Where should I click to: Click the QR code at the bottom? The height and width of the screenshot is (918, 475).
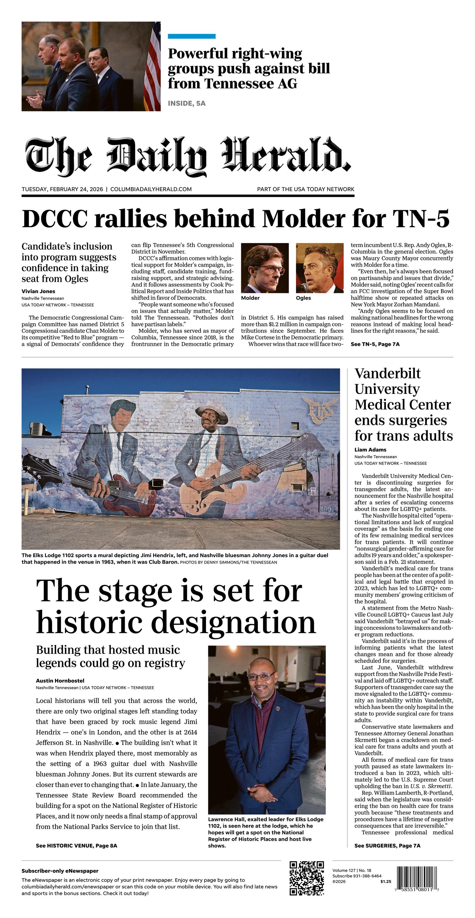click(x=307, y=879)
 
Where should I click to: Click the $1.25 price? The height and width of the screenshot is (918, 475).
click(x=386, y=882)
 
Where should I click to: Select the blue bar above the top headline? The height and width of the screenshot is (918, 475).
click(x=191, y=36)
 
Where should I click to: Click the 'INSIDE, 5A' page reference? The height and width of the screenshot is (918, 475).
click(x=187, y=103)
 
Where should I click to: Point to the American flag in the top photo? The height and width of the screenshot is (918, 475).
click(x=152, y=68)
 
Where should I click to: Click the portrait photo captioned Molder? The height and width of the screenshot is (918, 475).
click(x=265, y=268)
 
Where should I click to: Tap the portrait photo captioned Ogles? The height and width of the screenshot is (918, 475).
click(x=320, y=268)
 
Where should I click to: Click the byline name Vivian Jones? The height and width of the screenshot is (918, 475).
click(x=39, y=291)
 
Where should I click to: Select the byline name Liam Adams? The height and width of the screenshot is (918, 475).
click(x=370, y=450)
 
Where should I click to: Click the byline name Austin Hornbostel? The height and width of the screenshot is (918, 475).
click(x=60, y=681)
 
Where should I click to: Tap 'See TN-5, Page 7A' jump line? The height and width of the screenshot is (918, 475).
click(x=375, y=344)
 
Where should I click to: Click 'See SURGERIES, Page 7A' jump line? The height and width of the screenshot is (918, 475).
click(x=387, y=846)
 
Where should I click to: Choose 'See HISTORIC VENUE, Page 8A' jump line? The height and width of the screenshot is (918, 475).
click(x=76, y=846)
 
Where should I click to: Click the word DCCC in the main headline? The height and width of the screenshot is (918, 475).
click(x=55, y=218)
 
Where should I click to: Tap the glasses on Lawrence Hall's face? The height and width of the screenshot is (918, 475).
click(x=263, y=676)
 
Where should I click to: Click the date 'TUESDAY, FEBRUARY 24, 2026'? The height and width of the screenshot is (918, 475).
click(x=62, y=189)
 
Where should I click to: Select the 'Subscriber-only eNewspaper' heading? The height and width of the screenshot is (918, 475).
click(x=60, y=871)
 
